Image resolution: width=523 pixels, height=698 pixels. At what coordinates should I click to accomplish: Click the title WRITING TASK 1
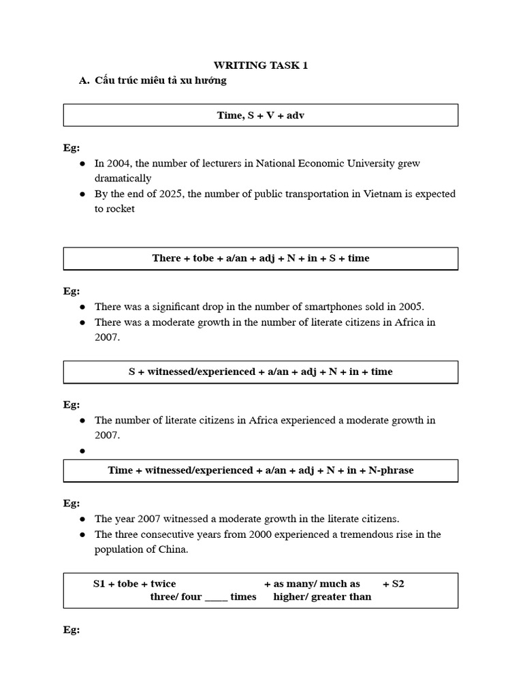click(261, 65)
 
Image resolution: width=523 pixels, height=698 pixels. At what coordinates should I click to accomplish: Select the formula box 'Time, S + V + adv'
click(261, 115)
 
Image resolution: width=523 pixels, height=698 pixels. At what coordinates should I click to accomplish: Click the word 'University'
click(371, 164)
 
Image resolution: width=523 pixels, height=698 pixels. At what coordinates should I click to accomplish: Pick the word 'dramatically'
click(123, 179)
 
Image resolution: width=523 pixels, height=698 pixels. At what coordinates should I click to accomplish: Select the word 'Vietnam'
click(375, 194)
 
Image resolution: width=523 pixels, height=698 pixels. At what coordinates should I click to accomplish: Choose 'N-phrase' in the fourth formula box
click(391, 470)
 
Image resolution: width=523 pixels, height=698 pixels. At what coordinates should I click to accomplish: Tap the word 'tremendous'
click(372, 534)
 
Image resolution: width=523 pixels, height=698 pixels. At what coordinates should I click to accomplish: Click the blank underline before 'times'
click(216, 597)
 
